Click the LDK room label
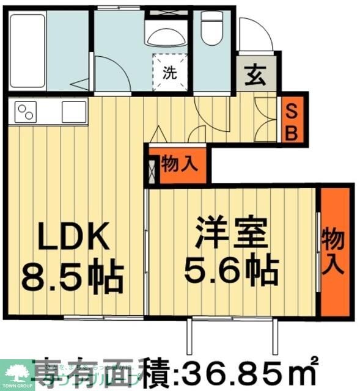click(x=74, y=235)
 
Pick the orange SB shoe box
click(x=293, y=121)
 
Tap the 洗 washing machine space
click(x=169, y=73)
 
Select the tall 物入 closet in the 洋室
click(x=333, y=250)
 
